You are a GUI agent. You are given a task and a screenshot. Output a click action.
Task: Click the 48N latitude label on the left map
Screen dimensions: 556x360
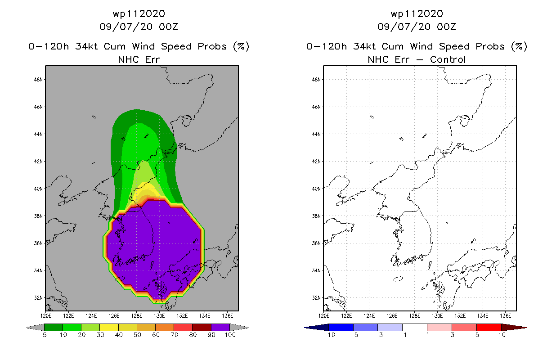click(38, 80)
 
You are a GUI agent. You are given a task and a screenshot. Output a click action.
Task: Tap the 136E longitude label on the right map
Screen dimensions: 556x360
click(505, 316)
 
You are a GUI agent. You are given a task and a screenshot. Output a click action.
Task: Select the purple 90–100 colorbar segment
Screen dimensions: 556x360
click(220, 327)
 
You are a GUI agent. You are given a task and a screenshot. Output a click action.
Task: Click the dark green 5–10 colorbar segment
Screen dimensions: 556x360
click(54, 327)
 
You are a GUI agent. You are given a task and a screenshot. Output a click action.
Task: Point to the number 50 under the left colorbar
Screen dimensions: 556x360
click(137, 335)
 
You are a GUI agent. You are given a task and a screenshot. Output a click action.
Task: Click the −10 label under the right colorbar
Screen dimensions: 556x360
click(329, 335)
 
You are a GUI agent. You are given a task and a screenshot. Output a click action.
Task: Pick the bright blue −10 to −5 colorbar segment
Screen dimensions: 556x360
click(341, 327)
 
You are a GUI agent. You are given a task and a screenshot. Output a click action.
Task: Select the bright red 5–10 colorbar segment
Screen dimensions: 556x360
click(489, 327)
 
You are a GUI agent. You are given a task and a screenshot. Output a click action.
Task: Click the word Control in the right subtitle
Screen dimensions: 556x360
click(448, 59)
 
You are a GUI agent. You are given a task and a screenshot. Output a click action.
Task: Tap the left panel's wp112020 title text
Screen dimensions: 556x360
click(139, 14)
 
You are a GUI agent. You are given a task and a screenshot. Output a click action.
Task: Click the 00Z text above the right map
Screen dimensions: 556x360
click(446, 27)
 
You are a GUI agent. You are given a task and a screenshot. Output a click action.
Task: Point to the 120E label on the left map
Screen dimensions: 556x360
click(46, 316)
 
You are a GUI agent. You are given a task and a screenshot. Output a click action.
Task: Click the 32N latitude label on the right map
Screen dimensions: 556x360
click(316, 297)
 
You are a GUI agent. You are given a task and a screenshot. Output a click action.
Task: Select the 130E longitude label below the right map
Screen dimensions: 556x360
click(437, 316)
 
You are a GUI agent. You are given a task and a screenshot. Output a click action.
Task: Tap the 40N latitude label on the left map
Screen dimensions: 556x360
click(38, 189)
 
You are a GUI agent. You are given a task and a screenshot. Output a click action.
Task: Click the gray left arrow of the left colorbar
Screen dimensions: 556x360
click(35, 328)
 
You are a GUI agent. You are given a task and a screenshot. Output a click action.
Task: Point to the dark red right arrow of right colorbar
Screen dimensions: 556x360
click(514, 328)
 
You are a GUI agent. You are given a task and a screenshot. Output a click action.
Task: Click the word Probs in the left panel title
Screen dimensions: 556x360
click(212, 46)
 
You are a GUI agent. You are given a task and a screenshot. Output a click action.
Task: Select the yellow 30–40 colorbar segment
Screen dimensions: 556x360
click(109, 327)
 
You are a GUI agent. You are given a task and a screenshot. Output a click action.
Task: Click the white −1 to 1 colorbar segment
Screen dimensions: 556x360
click(415, 327)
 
